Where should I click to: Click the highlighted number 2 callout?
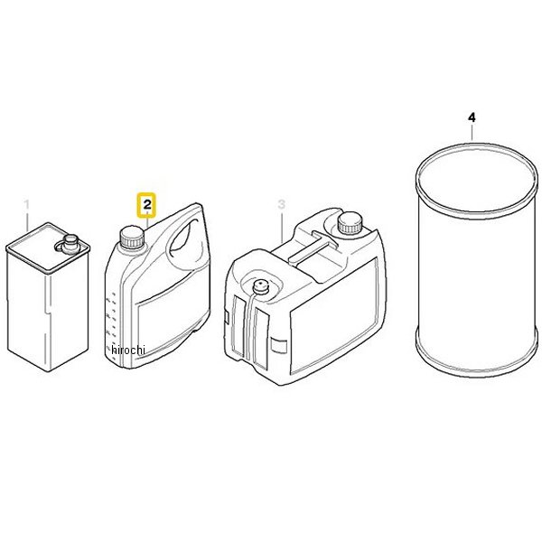[147, 205]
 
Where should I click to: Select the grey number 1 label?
[26, 205]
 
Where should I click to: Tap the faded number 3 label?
[281, 204]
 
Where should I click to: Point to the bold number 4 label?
[472, 117]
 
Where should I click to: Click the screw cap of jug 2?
[132, 237]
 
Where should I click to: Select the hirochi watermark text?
[128, 350]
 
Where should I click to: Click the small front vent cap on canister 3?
[259, 287]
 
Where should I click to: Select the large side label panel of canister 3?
[332, 315]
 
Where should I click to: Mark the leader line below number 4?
[472, 133]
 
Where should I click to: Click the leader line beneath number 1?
[27, 221]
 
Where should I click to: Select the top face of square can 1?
[48, 248]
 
